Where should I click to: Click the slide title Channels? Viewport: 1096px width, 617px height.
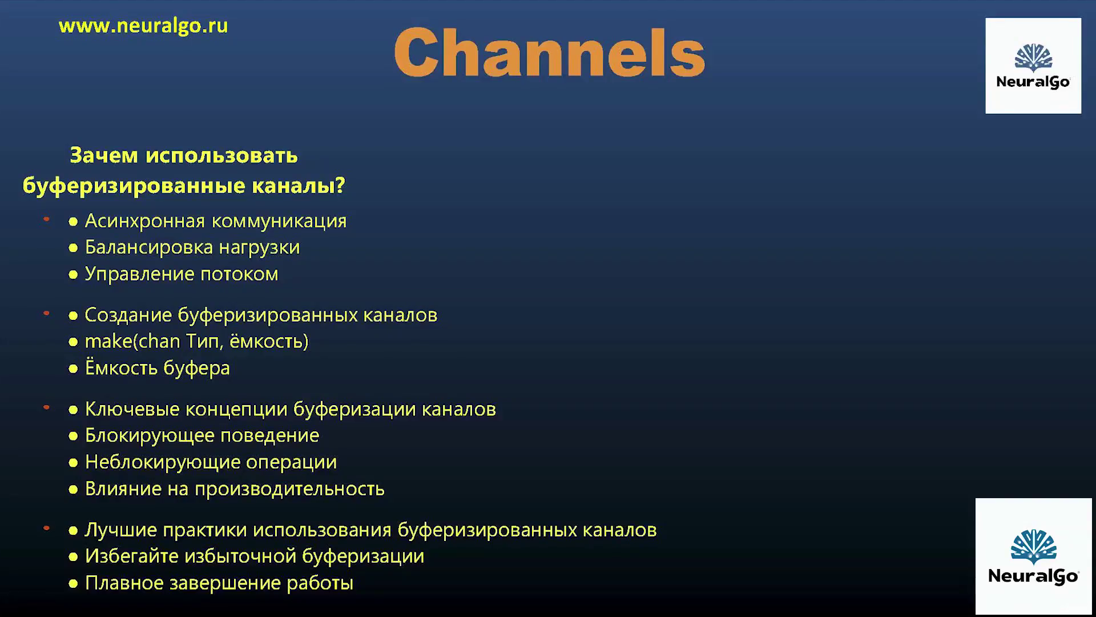550,52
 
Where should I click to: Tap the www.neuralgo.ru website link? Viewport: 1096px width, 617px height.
143,26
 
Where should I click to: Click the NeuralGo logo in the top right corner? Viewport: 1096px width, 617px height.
1033,66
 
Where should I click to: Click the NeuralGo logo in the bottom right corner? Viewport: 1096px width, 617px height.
1033,556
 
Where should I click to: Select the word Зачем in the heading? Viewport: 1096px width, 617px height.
104,155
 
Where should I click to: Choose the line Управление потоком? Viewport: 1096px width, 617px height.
182,274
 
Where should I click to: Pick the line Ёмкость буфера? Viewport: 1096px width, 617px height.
158,368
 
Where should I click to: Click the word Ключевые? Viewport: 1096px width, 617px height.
132,409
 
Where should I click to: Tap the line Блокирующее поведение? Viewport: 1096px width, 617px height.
202,436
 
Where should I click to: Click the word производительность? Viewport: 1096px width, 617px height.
290,489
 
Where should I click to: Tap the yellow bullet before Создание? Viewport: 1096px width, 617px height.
73,315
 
